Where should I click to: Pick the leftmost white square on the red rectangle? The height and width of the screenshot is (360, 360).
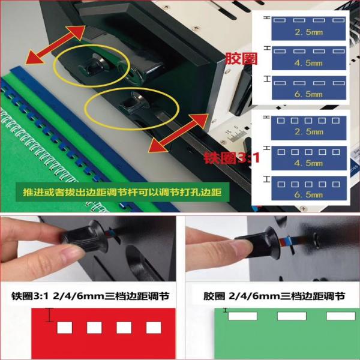(x=64, y=328)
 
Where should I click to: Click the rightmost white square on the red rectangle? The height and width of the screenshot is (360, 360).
(x=154, y=328)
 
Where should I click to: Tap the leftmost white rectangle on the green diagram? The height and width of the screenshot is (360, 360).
(x=242, y=316)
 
